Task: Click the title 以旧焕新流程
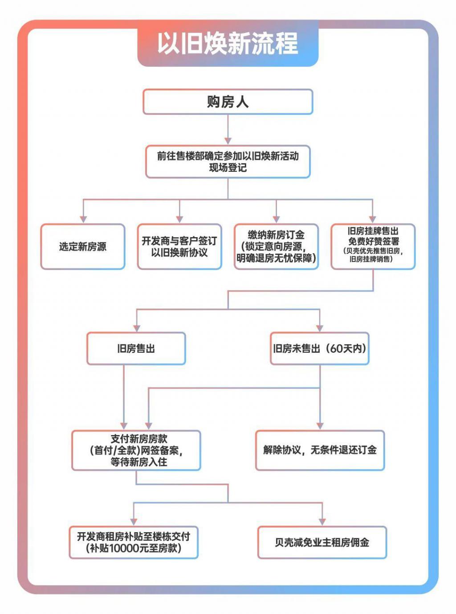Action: (x=228, y=44)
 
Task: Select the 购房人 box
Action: (x=228, y=102)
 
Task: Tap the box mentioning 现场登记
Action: (x=228, y=162)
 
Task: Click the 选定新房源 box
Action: (x=83, y=246)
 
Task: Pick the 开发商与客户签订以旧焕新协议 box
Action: (x=179, y=246)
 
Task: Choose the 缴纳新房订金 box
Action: (x=276, y=246)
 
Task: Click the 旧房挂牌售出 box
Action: (x=373, y=246)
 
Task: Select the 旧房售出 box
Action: (x=136, y=348)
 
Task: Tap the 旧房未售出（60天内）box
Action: (x=320, y=348)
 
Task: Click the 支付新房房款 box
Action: (x=136, y=450)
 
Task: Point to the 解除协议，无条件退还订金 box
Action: (x=320, y=450)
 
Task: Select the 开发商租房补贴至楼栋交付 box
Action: (x=134, y=542)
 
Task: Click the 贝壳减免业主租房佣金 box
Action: (x=322, y=542)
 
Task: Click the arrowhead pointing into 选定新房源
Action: (x=83, y=219)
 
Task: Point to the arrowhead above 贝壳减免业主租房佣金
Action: (x=322, y=521)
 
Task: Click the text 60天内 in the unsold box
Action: (x=346, y=348)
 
